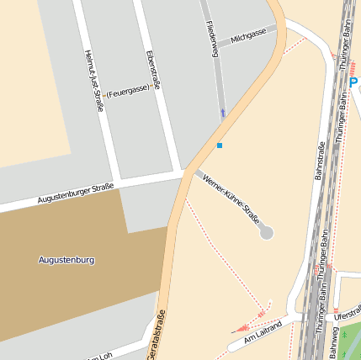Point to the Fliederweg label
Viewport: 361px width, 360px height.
212,39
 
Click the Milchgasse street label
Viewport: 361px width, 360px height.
248,35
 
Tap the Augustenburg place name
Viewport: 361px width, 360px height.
66,260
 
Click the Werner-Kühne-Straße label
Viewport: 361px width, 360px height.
231,199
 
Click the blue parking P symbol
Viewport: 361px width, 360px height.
354,82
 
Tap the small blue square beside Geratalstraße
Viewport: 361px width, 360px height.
220,146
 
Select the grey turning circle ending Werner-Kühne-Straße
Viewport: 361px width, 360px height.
267,231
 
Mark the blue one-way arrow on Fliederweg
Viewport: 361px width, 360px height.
223,112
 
